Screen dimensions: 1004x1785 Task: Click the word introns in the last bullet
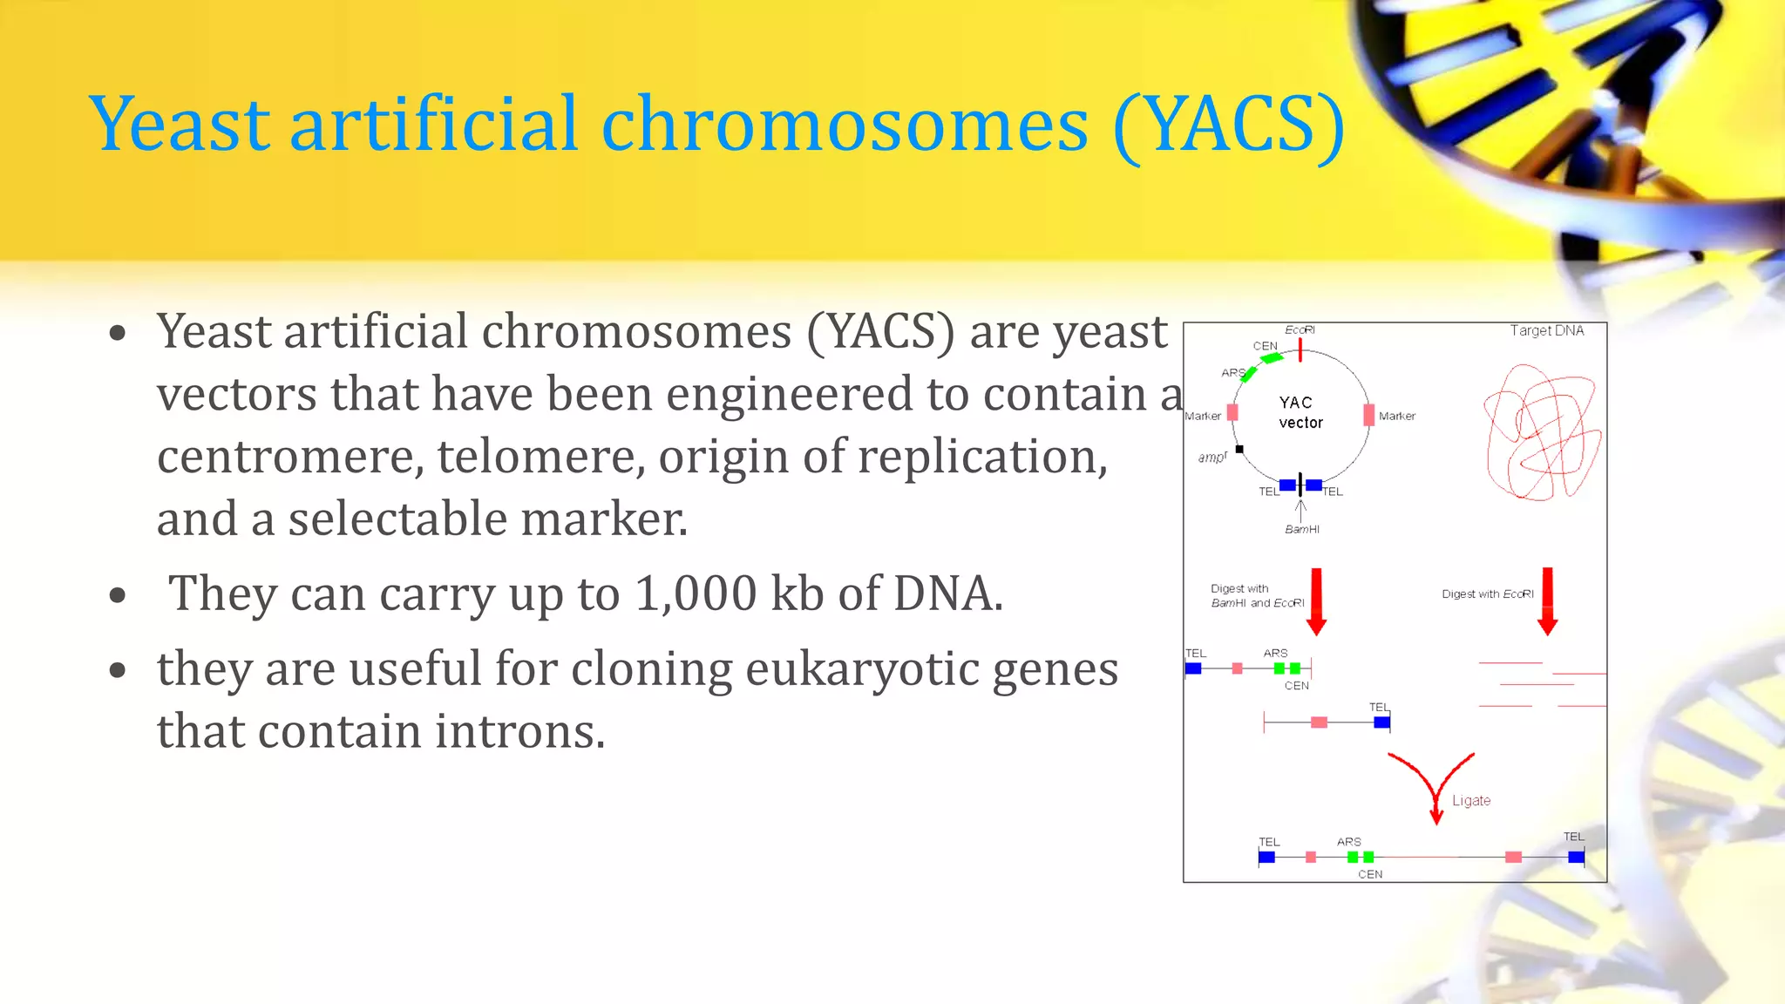click(x=519, y=731)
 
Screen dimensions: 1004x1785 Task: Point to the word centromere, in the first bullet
click(x=289, y=457)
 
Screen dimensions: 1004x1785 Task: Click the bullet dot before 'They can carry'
click(x=119, y=596)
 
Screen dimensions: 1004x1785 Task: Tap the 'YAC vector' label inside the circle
click(x=1300, y=412)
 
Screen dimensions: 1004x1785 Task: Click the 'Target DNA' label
click(x=1546, y=330)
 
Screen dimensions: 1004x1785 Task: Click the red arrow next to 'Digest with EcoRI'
click(x=1547, y=601)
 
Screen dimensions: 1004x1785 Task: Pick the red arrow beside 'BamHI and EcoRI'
click(x=1316, y=601)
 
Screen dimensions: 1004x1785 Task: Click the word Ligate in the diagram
click(x=1470, y=801)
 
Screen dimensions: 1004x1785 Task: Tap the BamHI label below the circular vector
click(x=1301, y=529)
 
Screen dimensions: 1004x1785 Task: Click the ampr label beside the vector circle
click(x=1211, y=457)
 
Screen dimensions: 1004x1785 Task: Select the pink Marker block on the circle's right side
click(x=1368, y=415)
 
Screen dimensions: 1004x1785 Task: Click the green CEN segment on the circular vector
click(x=1272, y=357)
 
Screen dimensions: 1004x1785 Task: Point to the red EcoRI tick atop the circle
click(x=1300, y=349)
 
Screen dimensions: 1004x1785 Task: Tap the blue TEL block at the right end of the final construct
click(x=1576, y=858)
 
